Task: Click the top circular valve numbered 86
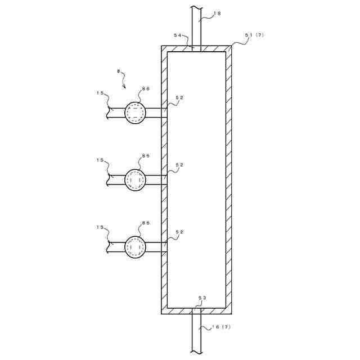(x=135, y=112)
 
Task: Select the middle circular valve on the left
(x=135, y=180)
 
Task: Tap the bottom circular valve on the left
(x=135, y=246)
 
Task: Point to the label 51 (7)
(x=253, y=35)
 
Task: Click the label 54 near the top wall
(x=177, y=35)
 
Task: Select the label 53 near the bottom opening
(x=202, y=298)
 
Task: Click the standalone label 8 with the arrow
(x=118, y=71)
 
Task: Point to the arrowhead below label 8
(x=124, y=87)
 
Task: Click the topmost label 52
(x=179, y=97)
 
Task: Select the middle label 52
(x=179, y=165)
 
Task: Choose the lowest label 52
(x=179, y=232)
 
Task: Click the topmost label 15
(x=100, y=93)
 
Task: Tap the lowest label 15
(x=100, y=227)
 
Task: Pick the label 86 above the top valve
(x=146, y=88)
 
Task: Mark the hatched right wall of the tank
(x=229, y=180)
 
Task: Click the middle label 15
(x=100, y=160)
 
